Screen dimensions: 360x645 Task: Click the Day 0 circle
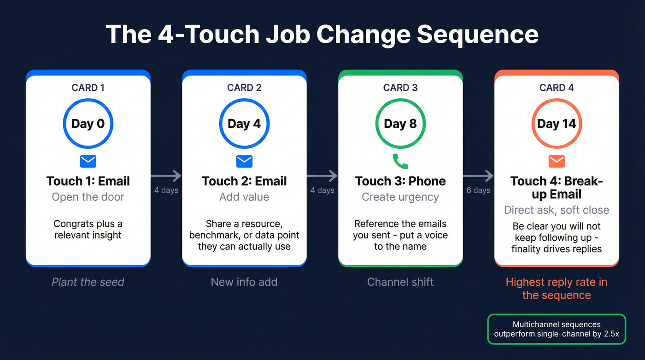point(88,124)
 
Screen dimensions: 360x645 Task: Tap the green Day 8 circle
point(400,124)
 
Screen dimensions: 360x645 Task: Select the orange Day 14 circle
point(557,124)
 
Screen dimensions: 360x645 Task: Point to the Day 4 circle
point(244,124)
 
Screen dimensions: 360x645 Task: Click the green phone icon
point(400,161)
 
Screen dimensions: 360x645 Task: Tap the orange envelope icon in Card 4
point(557,161)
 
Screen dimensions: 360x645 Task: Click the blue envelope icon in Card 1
point(88,161)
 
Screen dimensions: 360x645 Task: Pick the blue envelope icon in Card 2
point(244,161)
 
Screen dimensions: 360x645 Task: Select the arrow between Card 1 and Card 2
point(166,176)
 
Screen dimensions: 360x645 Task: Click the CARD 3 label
point(400,88)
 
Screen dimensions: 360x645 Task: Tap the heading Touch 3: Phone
point(400,181)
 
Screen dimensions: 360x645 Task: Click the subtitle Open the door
point(88,197)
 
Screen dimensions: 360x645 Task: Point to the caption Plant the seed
point(88,282)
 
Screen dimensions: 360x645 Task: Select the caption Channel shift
point(400,282)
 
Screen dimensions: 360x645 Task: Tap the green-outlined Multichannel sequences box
point(557,329)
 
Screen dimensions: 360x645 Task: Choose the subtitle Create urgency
point(400,197)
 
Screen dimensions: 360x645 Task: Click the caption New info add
point(244,282)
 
